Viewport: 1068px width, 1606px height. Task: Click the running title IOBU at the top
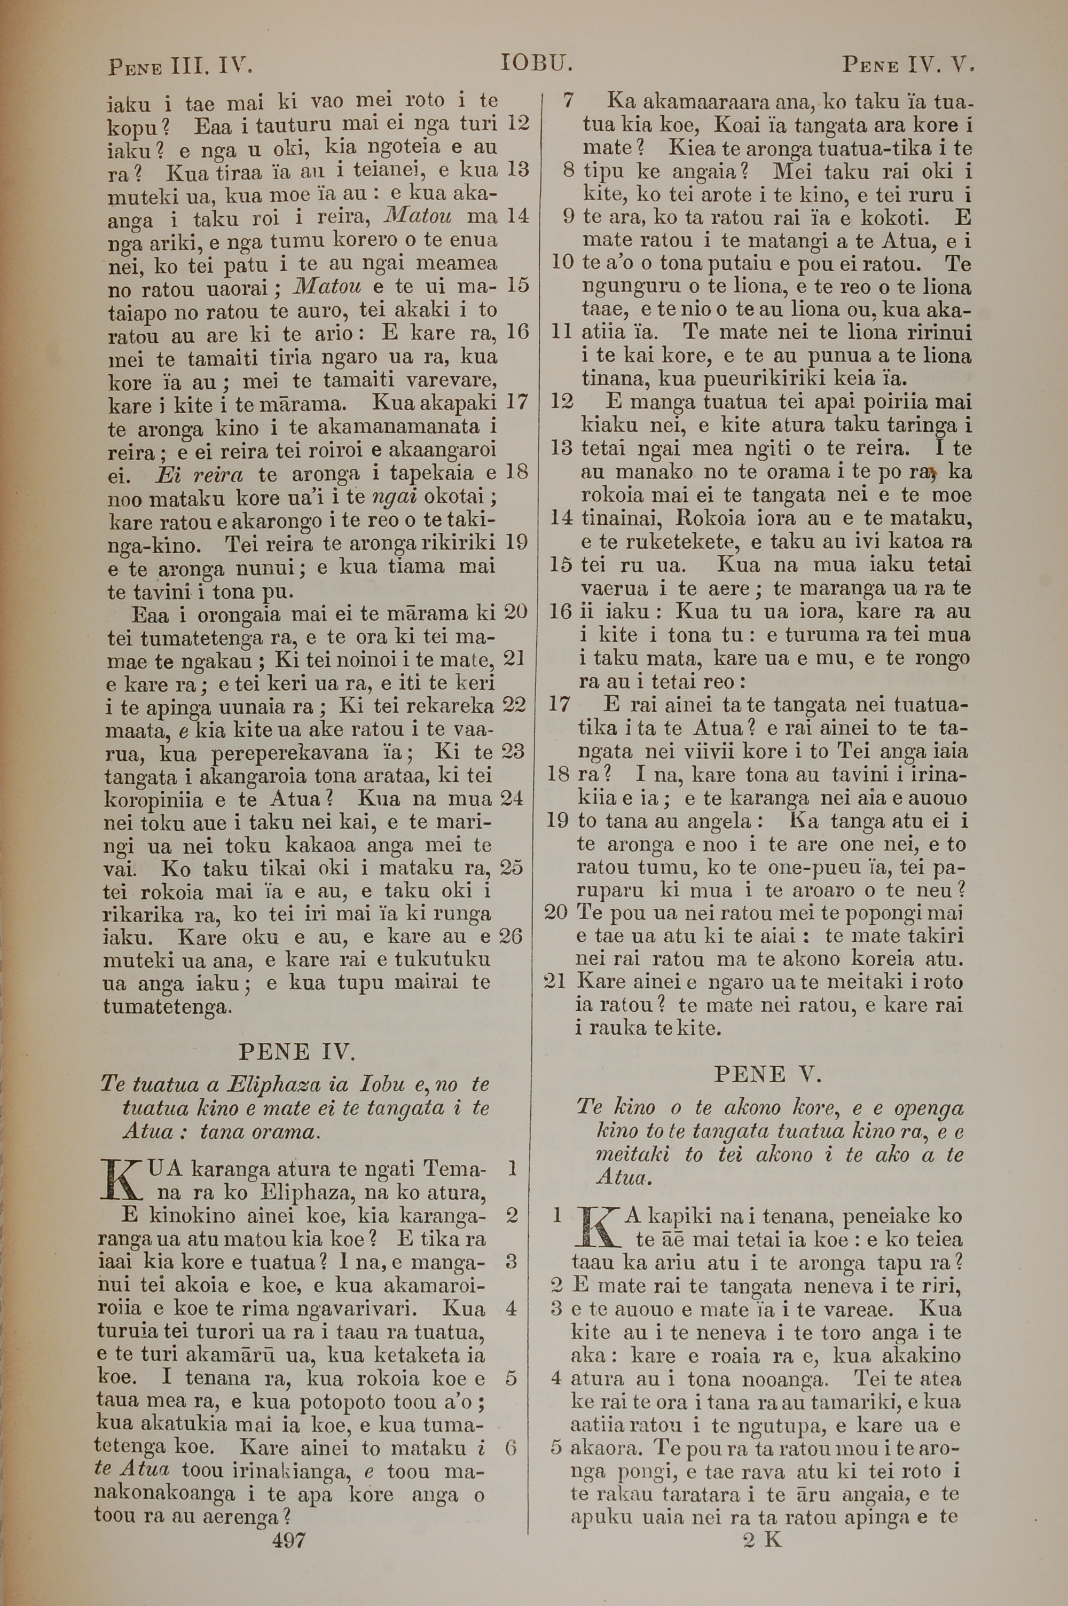pos(536,64)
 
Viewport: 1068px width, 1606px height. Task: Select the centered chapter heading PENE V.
pos(768,1074)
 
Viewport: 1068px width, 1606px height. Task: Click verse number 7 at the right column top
pos(567,101)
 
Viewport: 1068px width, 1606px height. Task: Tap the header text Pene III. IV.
pos(180,67)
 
